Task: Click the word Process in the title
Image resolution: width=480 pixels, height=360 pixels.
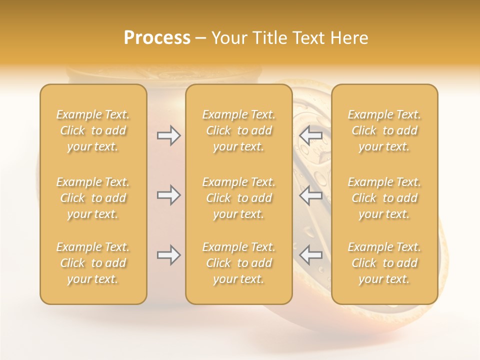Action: (x=157, y=38)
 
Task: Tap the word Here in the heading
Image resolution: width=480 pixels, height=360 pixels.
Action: (x=350, y=38)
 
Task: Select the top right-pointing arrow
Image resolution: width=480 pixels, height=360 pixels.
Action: (x=168, y=135)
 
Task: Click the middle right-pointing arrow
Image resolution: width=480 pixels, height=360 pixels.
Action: (x=168, y=195)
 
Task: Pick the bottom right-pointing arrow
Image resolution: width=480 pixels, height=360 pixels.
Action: (x=168, y=255)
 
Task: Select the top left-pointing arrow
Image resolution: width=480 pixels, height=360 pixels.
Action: (x=311, y=135)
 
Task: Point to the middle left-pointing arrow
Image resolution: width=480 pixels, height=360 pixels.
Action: (x=311, y=195)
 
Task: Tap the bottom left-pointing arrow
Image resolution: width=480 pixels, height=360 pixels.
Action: (x=311, y=255)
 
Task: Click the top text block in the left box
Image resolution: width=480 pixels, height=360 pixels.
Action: (x=93, y=130)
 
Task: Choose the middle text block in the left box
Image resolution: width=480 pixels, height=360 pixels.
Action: (x=93, y=198)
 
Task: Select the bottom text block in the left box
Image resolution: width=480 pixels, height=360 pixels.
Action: (x=93, y=263)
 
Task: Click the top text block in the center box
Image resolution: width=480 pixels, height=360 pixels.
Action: (x=239, y=130)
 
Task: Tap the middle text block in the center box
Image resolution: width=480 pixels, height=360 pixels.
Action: (x=239, y=198)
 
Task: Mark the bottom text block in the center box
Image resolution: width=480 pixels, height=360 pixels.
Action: (x=239, y=263)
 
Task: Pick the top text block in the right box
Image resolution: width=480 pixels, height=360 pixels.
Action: (x=384, y=130)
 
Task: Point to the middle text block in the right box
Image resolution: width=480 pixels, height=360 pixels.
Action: (x=384, y=198)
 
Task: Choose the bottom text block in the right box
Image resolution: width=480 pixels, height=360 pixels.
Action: (x=384, y=263)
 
